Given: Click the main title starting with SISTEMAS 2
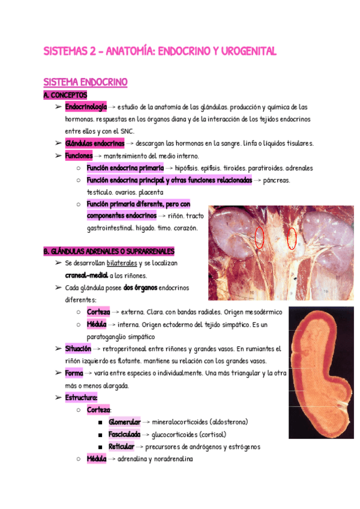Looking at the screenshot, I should pyautogui.click(x=160, y=52).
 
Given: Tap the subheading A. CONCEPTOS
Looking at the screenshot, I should pyautogui.click(x=65, y=95).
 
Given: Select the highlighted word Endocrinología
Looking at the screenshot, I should pyautogui.click(x=86, y=107).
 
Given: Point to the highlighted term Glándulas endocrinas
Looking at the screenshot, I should pyautogui.click(x=94, y=143).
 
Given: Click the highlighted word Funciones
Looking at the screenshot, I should pyautogui.click(x=79, y=155).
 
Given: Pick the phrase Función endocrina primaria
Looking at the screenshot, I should pyautogui.click(x=125, y=168).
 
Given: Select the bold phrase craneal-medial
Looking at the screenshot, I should pyautogui.click(x=86, y=276).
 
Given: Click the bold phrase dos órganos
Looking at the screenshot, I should pyautogui.click(x=140, y=288).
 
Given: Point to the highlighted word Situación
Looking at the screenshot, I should pyautogui.click(x=78, y=349).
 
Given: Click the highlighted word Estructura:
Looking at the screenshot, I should pyautogui.click(x=81, y=397).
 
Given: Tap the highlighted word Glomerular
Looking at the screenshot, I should pyautogui.click(x=124, y=422).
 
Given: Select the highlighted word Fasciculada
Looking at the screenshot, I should pyautogui.click(x=124, y=435).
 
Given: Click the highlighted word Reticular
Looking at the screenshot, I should pyautogui.click(x=121, y=447).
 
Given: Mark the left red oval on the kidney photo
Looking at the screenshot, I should pyautogui.click(x=259, y=238).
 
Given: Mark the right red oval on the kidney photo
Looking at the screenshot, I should pyautogui.click(x=292, y=238).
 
